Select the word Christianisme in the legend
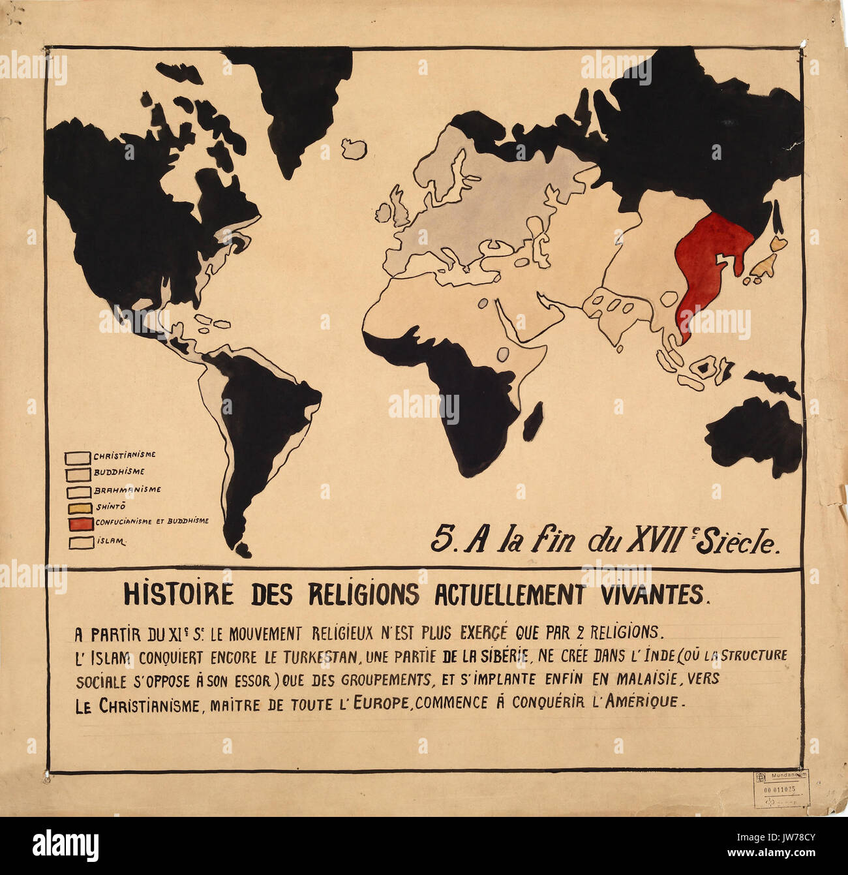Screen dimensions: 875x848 pyautogui.click(x=124, y=455)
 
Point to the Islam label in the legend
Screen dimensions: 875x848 pyautogui.click(x=111, y=541)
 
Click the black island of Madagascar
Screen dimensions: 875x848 pyautogui.click(x=532, y=422)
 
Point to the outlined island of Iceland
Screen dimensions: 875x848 pyautogui.click(x=354, y=149)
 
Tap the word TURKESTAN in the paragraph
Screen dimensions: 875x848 pyautogui.click(x=314, y=656)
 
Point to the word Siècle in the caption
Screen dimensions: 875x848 pyautogui.click(x=737, y=542)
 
